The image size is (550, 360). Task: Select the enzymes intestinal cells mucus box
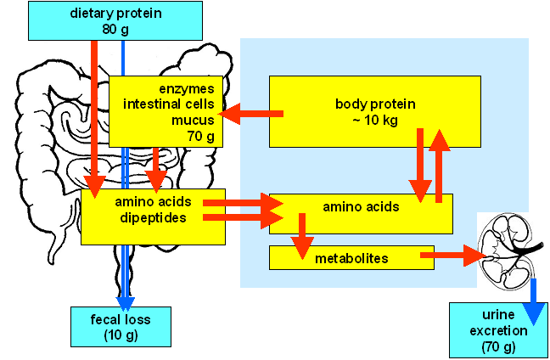coord(165,111)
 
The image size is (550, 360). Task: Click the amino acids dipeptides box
coord(153,217)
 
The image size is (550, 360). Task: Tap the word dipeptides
coord(153,217)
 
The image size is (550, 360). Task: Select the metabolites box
coord(351,257)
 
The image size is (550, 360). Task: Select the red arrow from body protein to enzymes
coord(250,114)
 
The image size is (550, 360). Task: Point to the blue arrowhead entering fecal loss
coord(125,301)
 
